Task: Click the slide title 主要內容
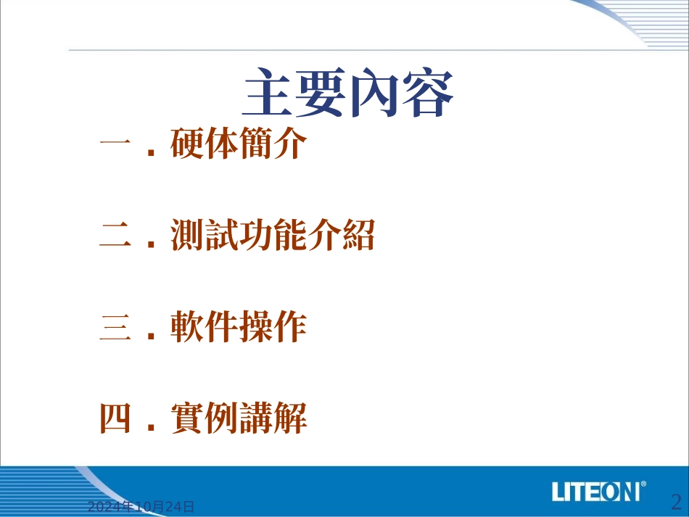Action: pyautogui.click(x=348, y=94)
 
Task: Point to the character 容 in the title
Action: pyautogui.click(x=429, y=94)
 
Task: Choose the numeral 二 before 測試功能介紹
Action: pyautogui.click(x=114, y=238)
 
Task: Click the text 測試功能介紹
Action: pyautogui.click(x=273, y=236)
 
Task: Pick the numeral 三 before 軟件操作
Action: pyautogui.click(x=114, y=328)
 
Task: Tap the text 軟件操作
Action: pyautogui.click(x=239, y=328)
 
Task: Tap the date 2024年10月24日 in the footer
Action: pyautogui.click(x=141, y=507)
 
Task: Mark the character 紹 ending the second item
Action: pyautogui.click(x=358, y=236)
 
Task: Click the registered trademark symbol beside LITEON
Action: pyautogui.click(x=644, y=484)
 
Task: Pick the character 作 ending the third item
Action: pyautogui.click(x=290, y=328)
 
